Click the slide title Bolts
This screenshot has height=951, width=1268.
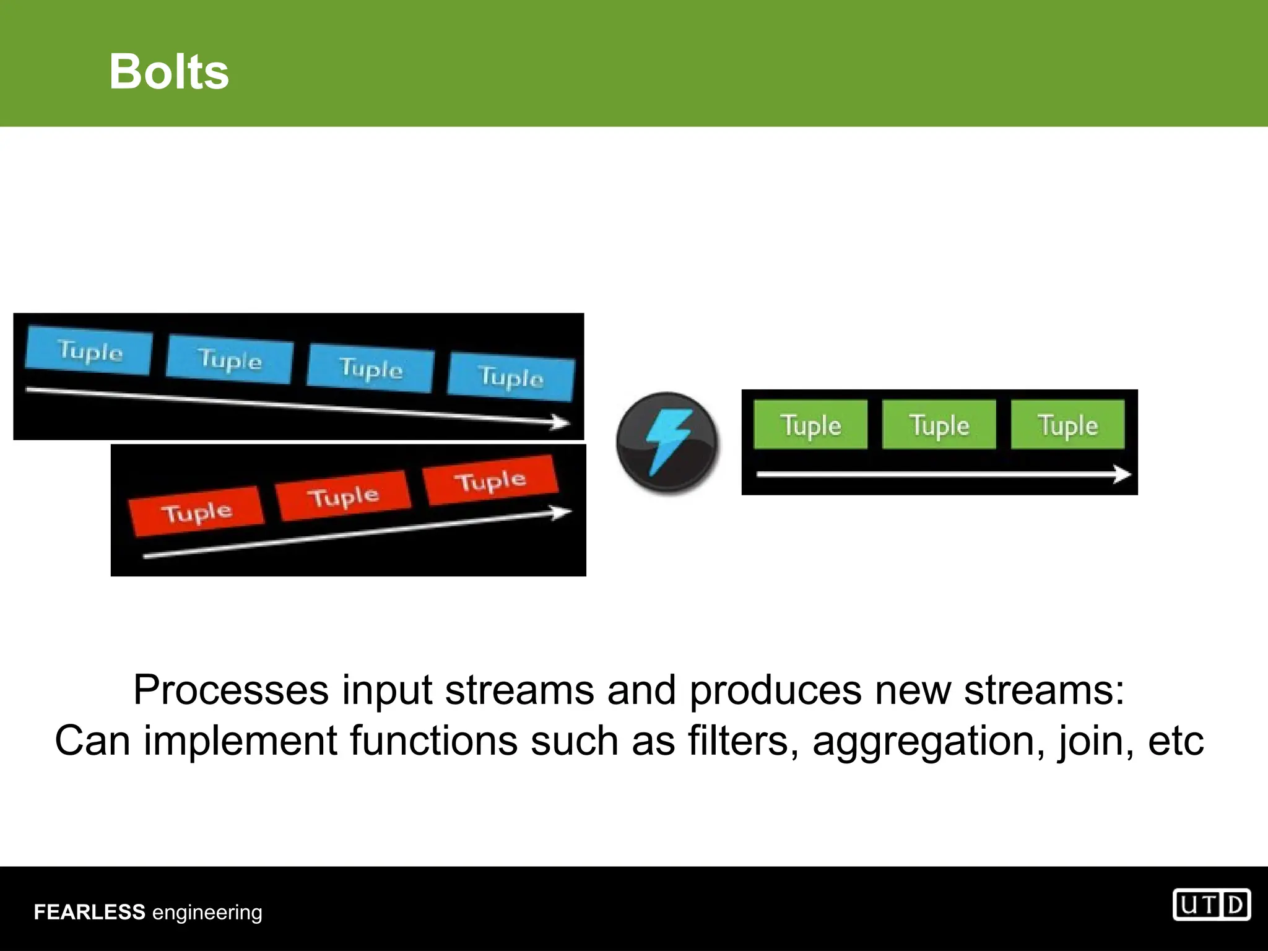click(169, 72)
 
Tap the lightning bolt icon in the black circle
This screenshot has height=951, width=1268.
click(667, 442)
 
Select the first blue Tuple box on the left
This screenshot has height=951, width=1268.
click(89, 351)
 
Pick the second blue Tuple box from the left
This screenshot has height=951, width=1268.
click(229, 360)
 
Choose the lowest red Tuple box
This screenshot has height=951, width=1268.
click(196, 511)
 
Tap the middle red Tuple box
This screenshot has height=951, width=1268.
click(344, 496)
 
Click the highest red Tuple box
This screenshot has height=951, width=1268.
click(490, 480)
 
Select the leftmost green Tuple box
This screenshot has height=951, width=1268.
click(810, 425)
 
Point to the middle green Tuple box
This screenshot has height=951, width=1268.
click(939, 425)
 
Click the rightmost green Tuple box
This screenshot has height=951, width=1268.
click(1067, 425)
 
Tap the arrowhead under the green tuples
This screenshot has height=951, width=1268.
click(1122, 475)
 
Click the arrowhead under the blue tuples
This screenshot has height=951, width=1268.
click(560, 423)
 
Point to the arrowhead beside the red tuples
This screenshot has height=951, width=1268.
click(562, 513)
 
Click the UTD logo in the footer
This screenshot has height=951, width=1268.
click(1211, 905)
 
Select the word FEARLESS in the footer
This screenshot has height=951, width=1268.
click(89, 912)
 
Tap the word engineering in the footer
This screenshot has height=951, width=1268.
click(207, 913)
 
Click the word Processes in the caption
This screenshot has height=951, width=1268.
click(230, 690)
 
